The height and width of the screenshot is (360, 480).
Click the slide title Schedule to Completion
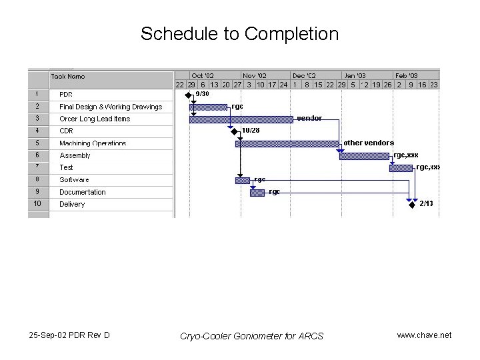coord(239,33)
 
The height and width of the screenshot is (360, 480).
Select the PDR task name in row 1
coord(66,95)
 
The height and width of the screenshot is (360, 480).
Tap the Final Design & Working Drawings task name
coord(111,107)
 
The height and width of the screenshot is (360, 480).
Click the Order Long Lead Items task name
coord(95,119)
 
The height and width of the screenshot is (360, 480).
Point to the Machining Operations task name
coord(93,143)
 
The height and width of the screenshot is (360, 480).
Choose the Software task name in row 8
coord(74,180)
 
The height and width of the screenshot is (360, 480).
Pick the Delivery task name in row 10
coord(72,204)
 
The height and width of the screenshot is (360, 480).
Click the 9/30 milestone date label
coord(202,94)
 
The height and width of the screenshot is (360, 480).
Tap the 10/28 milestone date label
coord(251,131)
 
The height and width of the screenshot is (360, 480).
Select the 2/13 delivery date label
coord(426,203)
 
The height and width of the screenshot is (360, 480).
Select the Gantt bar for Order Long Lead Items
coord(241,119)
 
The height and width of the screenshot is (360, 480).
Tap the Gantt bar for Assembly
coord(365,156)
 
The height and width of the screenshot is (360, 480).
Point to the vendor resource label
coord(309,118)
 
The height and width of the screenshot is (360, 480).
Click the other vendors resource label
coord(369,143)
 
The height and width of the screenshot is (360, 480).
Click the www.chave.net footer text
coord(424,335)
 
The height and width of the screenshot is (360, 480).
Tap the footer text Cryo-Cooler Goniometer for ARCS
coord(252,335)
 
